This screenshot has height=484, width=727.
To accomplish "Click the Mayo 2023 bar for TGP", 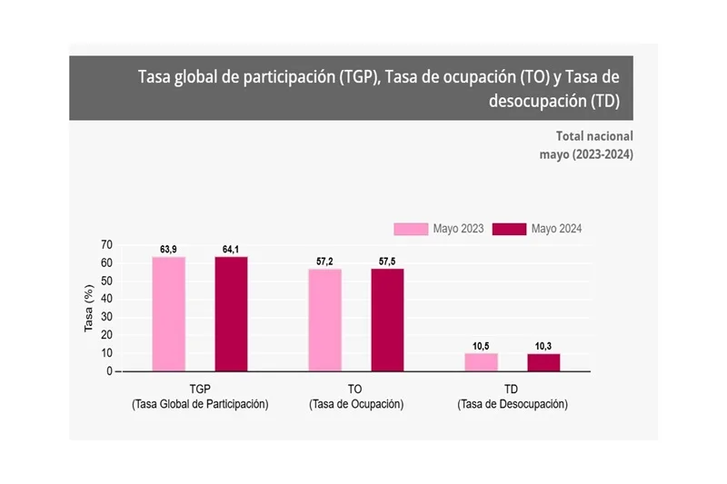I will click(x=168, y=313).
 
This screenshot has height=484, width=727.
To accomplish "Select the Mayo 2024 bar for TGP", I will click(x=231, y=313).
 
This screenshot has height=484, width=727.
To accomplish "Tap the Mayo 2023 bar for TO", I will click(x=324, y=320).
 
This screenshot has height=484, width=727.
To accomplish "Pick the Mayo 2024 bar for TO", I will click(x=387, y=320).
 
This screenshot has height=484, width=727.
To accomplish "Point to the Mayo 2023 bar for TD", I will click(x=481, y=362).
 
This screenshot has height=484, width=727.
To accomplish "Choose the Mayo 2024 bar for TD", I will click(x=543, y=362).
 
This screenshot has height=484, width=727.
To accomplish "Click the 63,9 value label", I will click(x=168, y=249).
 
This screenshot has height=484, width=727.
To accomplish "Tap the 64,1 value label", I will click(x=231, y=249).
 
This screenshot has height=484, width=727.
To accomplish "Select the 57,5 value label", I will click(x=387, y=262).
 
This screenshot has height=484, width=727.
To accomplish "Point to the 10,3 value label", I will click(x=543, y=346).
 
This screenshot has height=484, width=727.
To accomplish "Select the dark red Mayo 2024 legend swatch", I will click(x=510, y=229).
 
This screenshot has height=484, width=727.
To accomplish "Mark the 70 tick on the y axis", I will click(x=106, y=245).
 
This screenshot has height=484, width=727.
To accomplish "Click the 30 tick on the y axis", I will click(x=106, y=317).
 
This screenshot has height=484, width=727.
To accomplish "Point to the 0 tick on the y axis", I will click(x=109, y=371).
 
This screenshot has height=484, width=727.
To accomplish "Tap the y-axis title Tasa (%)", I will click(x=89, y=309).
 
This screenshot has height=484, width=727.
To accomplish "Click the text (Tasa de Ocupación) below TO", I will click(x=356, y=404).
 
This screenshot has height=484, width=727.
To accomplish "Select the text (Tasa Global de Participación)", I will click(x=200, y=404).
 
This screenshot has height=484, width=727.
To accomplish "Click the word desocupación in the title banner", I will click(x=536, y=102).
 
